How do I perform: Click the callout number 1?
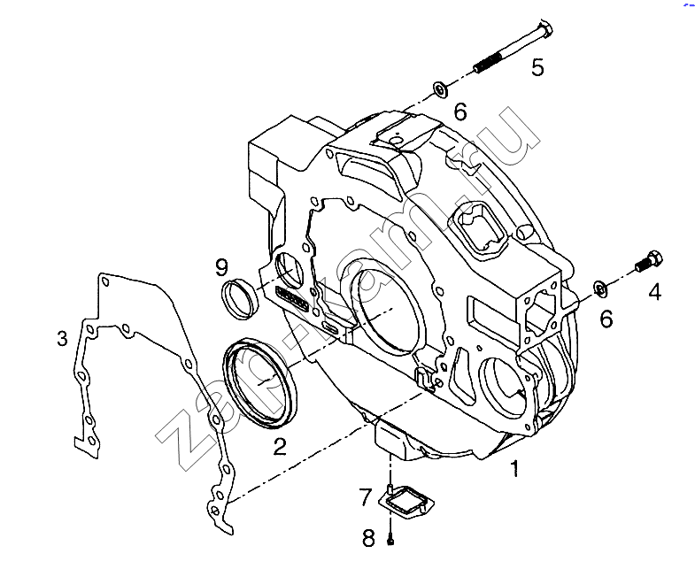tap(515, 468)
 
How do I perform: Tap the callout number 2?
tap(280, 446)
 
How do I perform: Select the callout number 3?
tap(63, 338)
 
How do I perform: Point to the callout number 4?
tap(654, 293)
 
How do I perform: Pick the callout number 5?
tap(537, 67)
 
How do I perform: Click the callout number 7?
tap(366, 496)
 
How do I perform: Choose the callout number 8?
tap(369, 538)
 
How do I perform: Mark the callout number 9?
tap(221, 267)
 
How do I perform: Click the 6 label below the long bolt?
tap(460, 111)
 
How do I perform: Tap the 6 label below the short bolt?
tap(606, 319)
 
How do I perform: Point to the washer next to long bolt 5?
tap(440, 89)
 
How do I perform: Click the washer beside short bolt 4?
tap(600, 288)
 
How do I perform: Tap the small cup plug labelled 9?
tap(240, 297)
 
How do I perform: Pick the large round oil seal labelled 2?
tap(261, 383)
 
